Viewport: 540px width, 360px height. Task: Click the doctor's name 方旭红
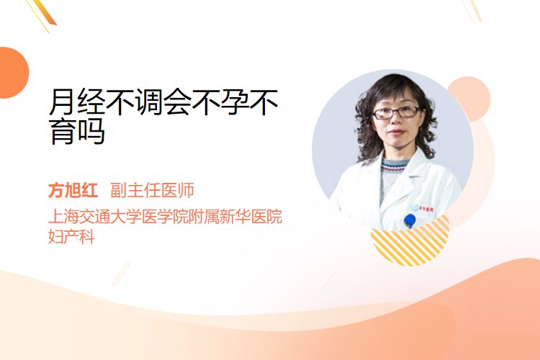pyautogui.click(x=73, y=190)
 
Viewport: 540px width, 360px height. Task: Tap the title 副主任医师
pyautogui.click(x=152, y=190)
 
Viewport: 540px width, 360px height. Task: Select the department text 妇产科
pyautogui.click(x=71, y=237)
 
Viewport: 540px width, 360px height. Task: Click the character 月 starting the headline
pyautogui.click(x=63, y=102)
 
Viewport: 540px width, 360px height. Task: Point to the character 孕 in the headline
pyautogui.click(x=235, y=102)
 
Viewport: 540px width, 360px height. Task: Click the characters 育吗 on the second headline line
pyautogui.click(x=78, y=131)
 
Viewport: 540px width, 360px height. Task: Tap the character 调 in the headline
pyautogui.click(x=149, y=102)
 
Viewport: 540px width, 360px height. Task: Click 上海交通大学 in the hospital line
pyautogui.click(x=95, y=216)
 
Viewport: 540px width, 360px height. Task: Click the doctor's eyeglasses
pyautogui.click(x=396, y=112)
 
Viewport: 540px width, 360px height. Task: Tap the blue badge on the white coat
pyautogui.click(x=410, y=220)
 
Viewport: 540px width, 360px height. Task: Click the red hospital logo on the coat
pyautogui.click(x=426, y=208)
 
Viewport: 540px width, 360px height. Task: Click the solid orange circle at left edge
pyautogui.click(x=13, y=73)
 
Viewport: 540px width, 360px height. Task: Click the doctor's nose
pyautogui.click(x=395, y=120)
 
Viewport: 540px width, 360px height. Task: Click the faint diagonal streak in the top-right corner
pyautogui.click(x=472, y=10)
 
